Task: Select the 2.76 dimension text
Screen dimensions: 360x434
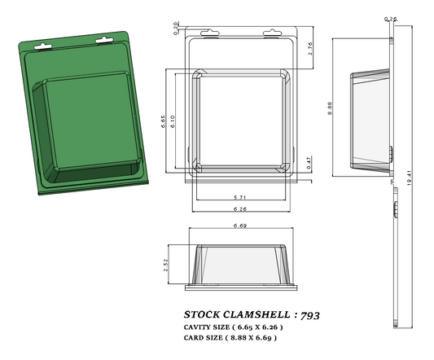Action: coord(310,48)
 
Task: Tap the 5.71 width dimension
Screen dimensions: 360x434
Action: coord(239,198)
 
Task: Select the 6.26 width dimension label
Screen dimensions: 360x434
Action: coord(239,209)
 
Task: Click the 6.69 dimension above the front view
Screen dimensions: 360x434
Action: coord(240,225)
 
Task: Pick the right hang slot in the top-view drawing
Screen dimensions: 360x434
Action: coord(272,34)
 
